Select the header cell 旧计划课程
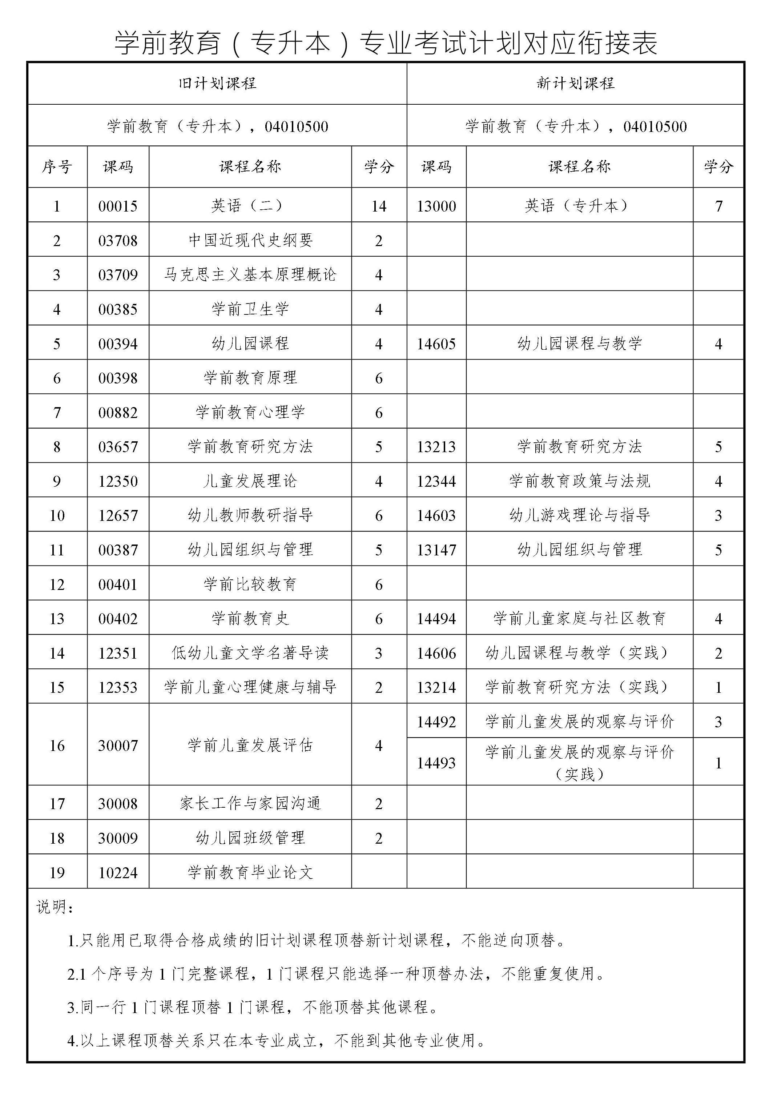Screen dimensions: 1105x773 click(x=217, y=83)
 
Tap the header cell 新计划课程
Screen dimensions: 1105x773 click(x=575, y=83)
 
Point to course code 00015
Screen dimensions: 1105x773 click(x=118, y=206)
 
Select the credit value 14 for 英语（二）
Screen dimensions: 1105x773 click(x=379, y=206)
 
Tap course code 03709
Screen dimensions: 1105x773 click(x=118, y=275)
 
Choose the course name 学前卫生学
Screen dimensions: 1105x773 click(x=250, y=309)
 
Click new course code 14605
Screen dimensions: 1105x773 click(x=436, y=343)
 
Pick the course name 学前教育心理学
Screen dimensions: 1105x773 click(x=250, y=412)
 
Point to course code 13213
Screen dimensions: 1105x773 click(x=436, y=447)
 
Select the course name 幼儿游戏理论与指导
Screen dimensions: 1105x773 click(x=580, y=515)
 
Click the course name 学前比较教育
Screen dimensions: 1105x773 click(x=250, y=584)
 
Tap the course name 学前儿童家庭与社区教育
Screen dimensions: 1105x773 click(x=580, y=618)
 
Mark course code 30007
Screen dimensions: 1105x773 click(x=118, y=746)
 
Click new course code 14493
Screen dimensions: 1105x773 click(x=436, y=763)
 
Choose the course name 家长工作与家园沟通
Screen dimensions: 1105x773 click(x=250, y=803)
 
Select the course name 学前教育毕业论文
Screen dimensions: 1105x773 click(x=250, y=872)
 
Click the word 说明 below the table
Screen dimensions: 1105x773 click(x=53, y=908)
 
